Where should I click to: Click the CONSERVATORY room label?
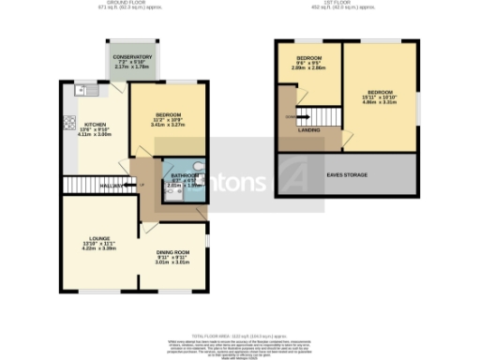[132, 57]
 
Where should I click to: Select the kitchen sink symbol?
[80, 91]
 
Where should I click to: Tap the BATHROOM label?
[184, 176]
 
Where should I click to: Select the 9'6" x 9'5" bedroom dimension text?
[307, 67]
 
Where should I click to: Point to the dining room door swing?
[148, 228]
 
